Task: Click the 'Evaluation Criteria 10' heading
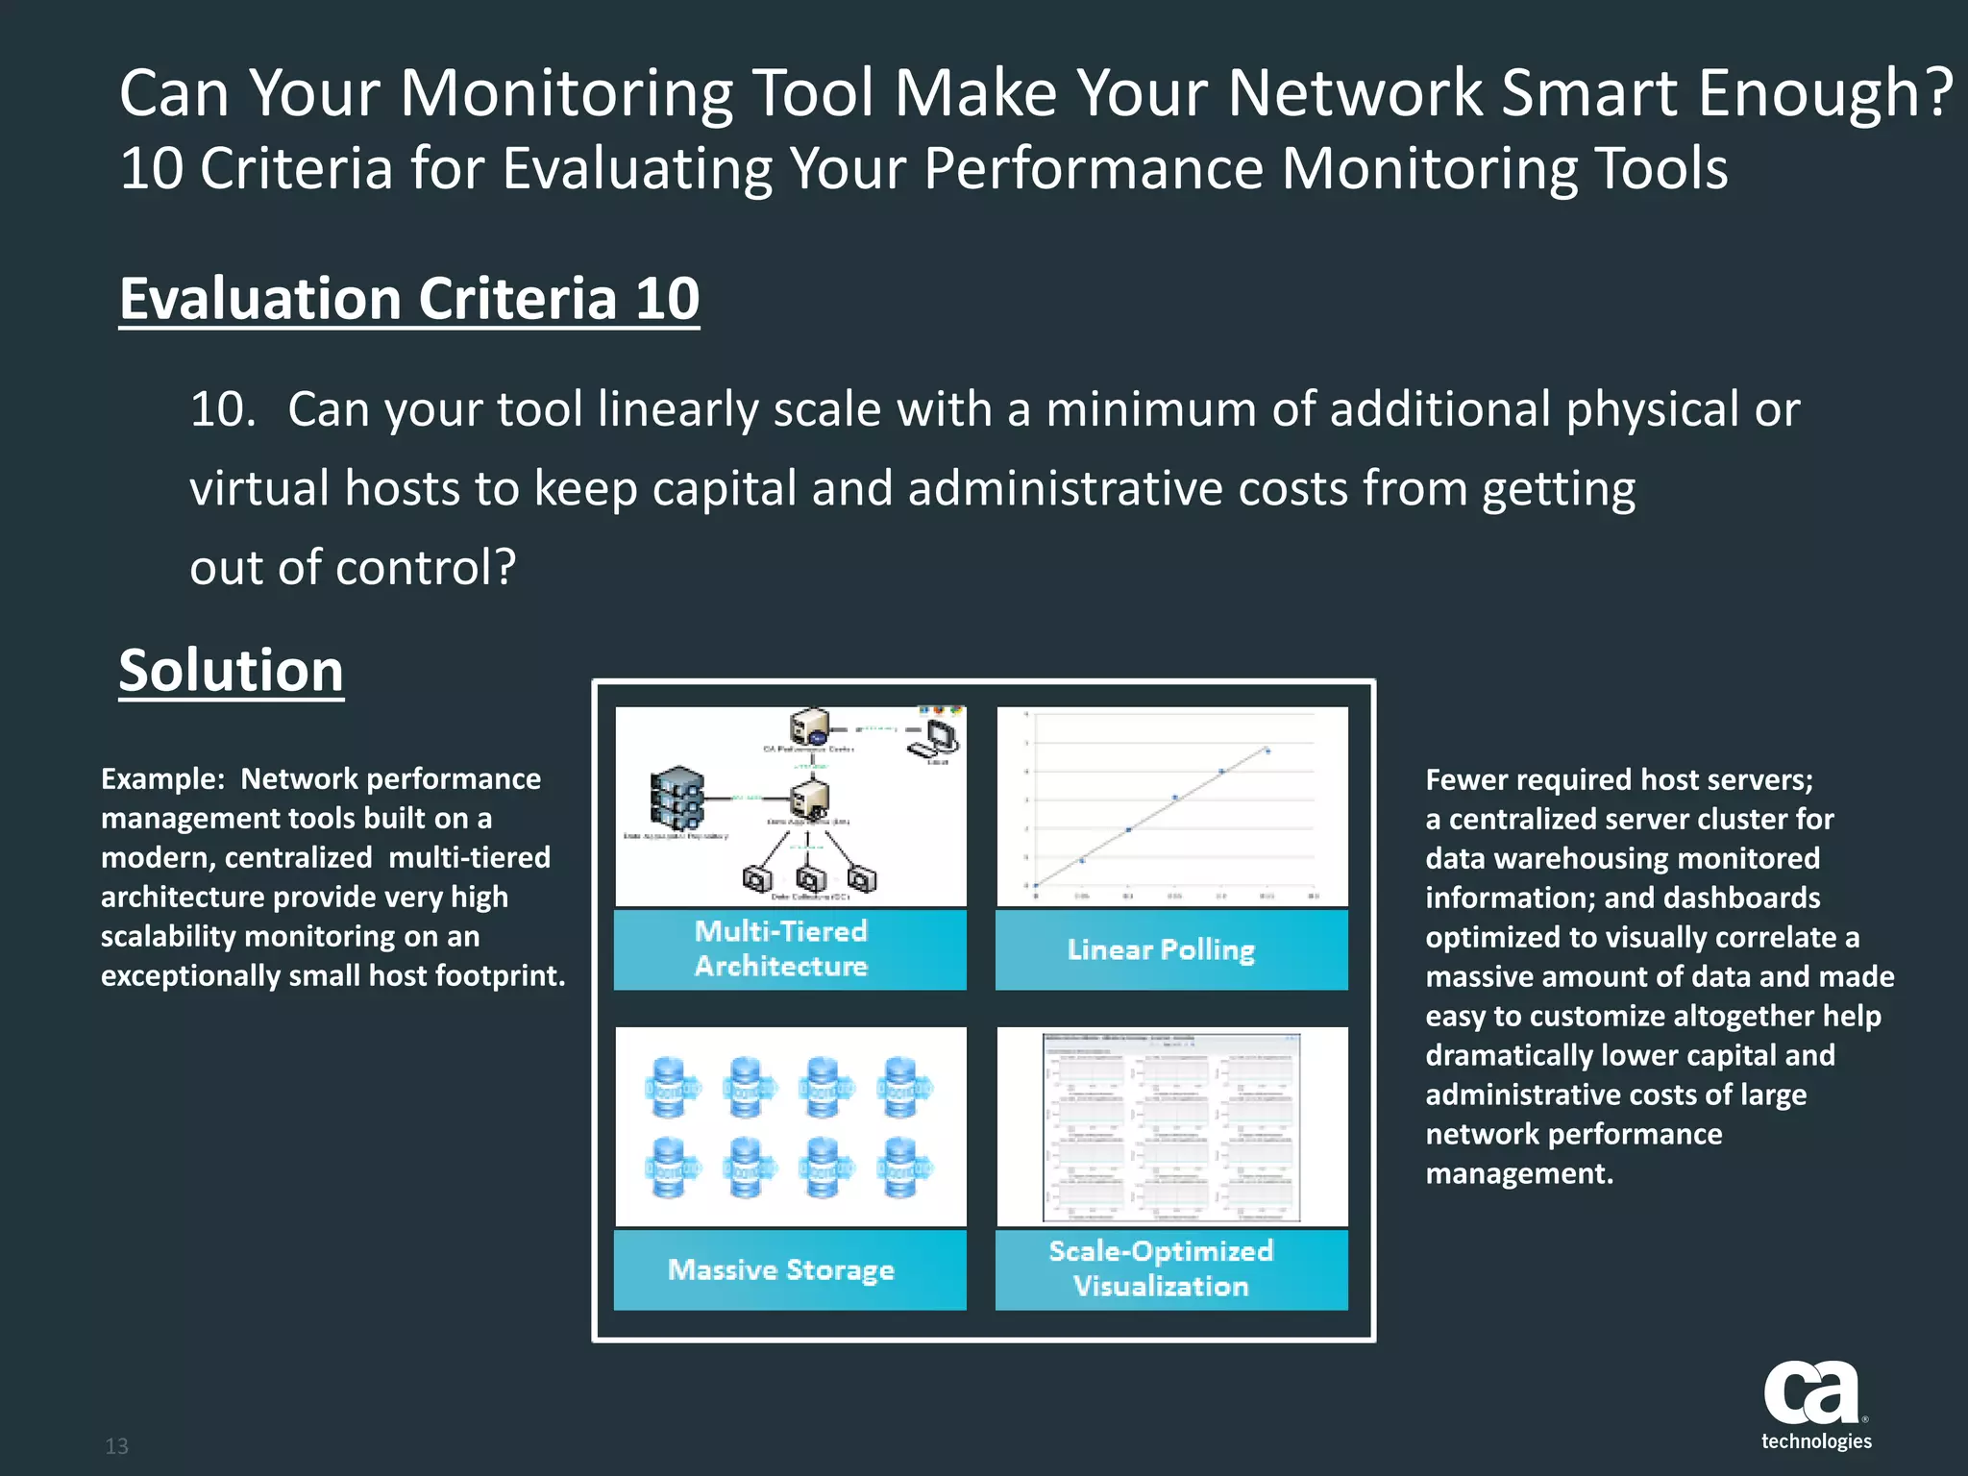pos(409,299)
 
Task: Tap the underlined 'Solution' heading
pos(231,670)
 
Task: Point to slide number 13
pos(116,1446)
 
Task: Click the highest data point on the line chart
pos(1267,750)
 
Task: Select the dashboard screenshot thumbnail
pos(1172,1126)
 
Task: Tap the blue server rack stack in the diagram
pos(677,798)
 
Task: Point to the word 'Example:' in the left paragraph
pos(162,778)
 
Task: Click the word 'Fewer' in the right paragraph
pos(1466,779)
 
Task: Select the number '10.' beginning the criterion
pos(223,409)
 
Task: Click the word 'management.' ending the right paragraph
pos(1519,1173)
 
